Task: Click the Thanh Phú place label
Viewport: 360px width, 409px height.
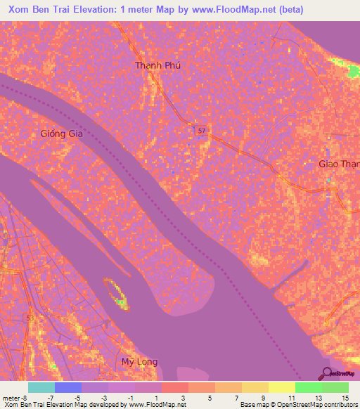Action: [158, 65]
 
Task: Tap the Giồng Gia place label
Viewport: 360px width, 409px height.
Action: [62, 134]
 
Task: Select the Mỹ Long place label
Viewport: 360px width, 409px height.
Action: [139, 362]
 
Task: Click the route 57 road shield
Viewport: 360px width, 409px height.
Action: [201, 131]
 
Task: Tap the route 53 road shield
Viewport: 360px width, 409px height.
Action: [30, 318]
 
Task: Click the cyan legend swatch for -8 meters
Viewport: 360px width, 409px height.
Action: [41, 387]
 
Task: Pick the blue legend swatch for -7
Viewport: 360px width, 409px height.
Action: [67, 387]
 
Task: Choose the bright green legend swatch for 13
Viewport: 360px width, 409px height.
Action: [308, 387]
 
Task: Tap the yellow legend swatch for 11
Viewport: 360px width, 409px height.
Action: [281, 387]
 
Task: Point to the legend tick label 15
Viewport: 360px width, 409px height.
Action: [345, 397]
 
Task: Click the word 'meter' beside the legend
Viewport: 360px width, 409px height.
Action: [11, 397]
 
